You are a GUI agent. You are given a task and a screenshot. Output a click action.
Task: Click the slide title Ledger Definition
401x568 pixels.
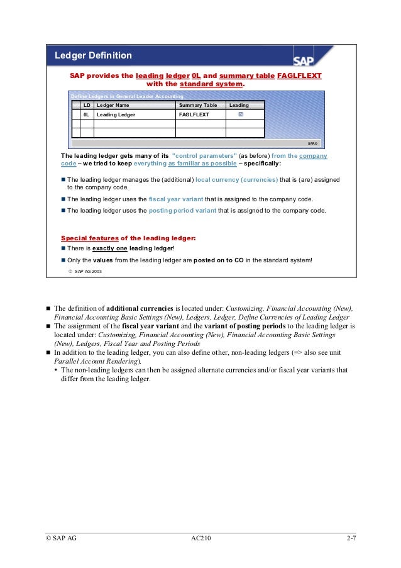[x=93, y=55]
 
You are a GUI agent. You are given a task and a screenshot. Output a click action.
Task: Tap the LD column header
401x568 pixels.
[x=87, y=105]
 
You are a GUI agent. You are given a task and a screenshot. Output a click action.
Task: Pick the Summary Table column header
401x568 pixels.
[x=198, y=105]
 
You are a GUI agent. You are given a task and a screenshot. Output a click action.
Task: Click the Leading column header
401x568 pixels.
[x=239, y=105]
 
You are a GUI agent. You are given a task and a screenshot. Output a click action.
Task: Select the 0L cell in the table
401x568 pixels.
[x=87, y=116]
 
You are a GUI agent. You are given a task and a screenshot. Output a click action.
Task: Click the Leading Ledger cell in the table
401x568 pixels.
[x=116, y=116]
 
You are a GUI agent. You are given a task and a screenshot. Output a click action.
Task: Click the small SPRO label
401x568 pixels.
[x=312, y=143]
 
